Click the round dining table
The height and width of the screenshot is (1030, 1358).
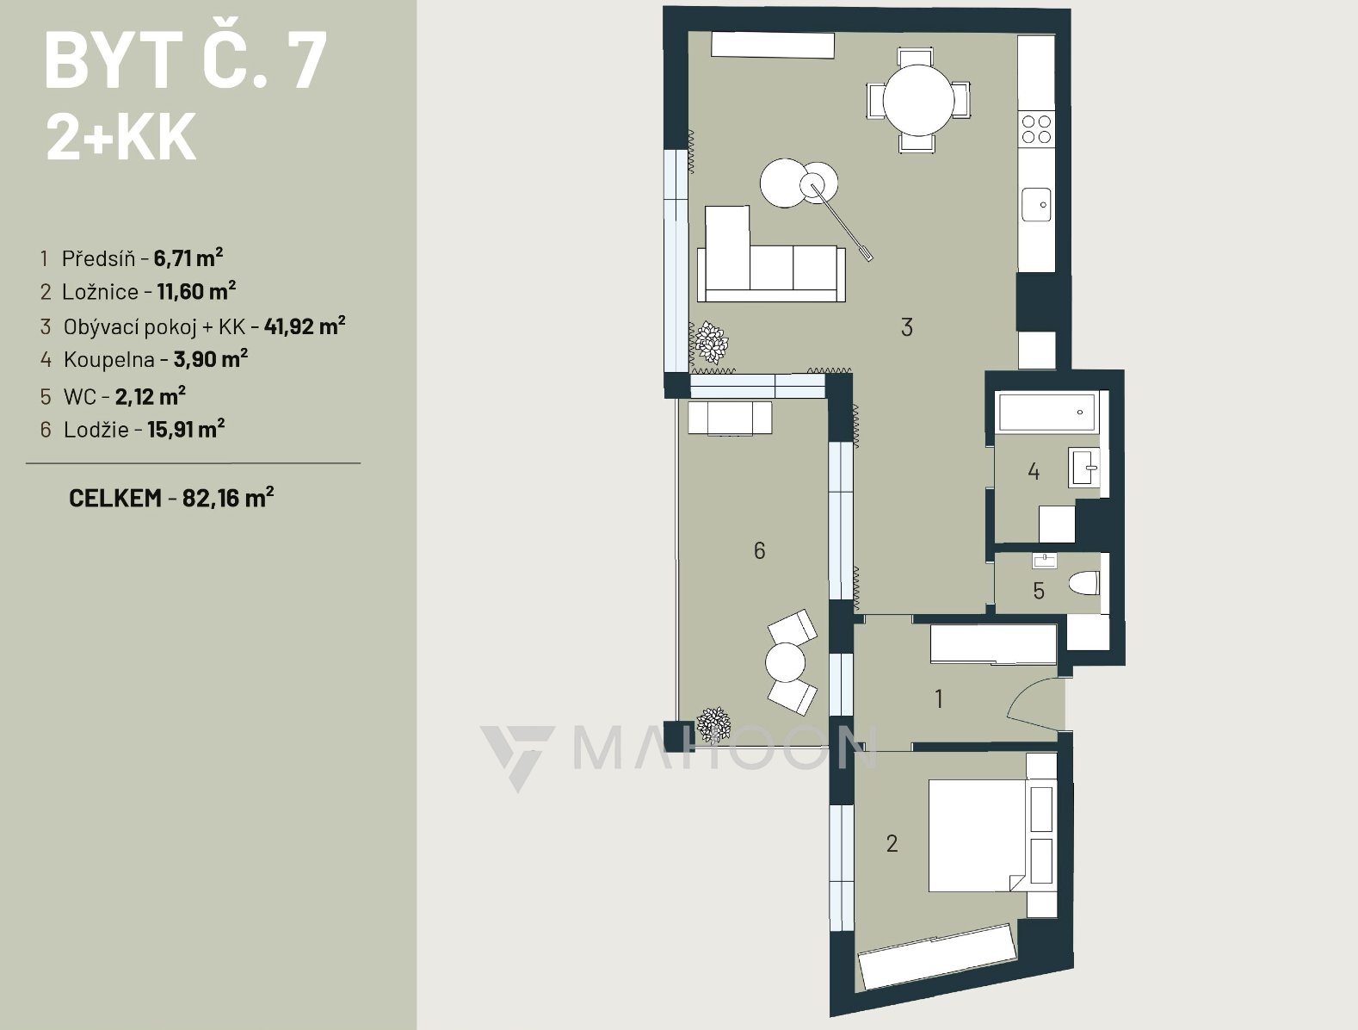coord(918,100)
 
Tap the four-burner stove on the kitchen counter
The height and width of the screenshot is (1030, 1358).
coord(1036,129)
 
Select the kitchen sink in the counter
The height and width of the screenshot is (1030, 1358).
coord(1036,204)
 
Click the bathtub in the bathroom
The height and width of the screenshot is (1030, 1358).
coord(1046,411)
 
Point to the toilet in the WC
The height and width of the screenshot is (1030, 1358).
coord(1084,583)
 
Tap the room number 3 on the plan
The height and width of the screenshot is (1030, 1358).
coord(907,327)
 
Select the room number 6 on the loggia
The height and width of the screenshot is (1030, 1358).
coord(759,550)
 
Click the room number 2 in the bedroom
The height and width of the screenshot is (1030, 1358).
coord(892,843)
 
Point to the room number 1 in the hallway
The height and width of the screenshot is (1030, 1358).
coord(939,698)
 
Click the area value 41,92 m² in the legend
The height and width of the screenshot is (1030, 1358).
coord(305,326)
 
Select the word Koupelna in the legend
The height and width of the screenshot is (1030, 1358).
coord(109,360)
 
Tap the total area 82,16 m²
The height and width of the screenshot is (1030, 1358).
coord(228,498)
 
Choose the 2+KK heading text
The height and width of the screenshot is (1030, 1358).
coord(121,138)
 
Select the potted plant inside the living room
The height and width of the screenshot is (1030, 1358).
coord(712,342)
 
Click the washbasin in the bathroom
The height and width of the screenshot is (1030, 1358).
coord(1083,468)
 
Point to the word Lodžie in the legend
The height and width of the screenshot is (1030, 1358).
coord(96,430)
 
